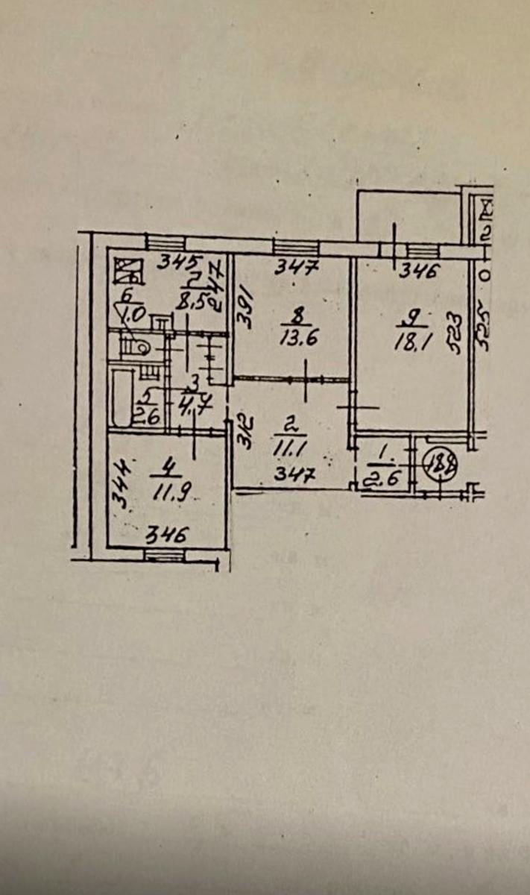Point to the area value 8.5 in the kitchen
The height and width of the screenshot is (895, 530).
coord(195,304)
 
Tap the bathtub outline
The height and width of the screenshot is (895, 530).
coord(119,396)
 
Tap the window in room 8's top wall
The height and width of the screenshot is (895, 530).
coord(296,248)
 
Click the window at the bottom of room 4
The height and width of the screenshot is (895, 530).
coord(163,553)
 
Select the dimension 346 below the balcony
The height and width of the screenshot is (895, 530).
coord(417,272)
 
